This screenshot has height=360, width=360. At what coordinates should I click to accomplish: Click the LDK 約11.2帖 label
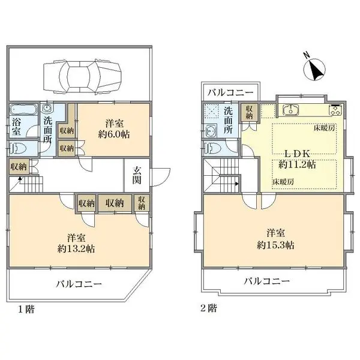click(x=294, y=158)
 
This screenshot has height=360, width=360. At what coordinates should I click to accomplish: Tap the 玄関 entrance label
click(x=137, y=175)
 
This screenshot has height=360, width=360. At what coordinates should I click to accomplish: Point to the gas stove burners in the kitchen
click(x=334, y=110)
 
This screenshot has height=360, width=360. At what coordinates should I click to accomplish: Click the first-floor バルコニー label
click(x=80, y=284)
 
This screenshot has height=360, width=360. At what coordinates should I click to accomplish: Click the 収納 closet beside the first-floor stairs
click(x=18, y=167)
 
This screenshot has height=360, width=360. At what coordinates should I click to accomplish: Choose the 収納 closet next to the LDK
click(x=248, y=112)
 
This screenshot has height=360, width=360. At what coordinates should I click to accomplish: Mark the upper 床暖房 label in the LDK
click(x=322, y=128)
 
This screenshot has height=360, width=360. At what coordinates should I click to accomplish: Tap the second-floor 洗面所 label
click(x=228, y=120)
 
